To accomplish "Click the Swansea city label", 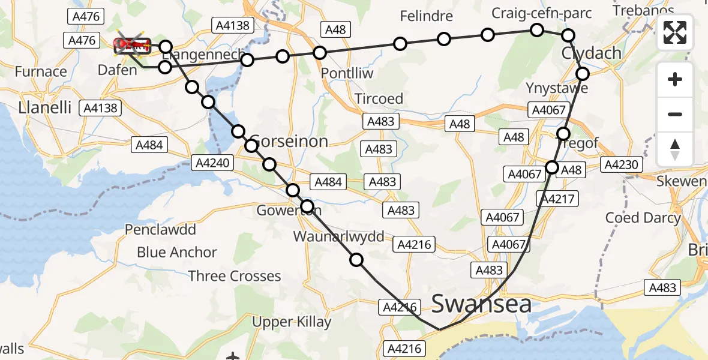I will click(x=481, y=304).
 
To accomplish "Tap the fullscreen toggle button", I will click(x=675, y=32).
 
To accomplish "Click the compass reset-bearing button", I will click(x=675, y=149).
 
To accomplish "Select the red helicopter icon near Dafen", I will click(x=131, y=44).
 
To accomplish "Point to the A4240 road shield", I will click(x=211, y=162).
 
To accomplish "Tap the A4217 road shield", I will click(x=558, y=200).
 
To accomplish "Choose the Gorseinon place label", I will click(x=289, y=142).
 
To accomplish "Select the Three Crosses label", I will click(x=235, y=276).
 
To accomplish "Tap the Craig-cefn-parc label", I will click(x=541, y=13).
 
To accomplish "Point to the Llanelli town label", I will click(x=45, y=108).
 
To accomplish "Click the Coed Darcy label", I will click(x=643, y=217).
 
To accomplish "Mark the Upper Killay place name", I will click(x=292, y=322).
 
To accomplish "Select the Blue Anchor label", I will click(x=177, y=253).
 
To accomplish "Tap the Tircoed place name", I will click(x=379, y=98).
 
